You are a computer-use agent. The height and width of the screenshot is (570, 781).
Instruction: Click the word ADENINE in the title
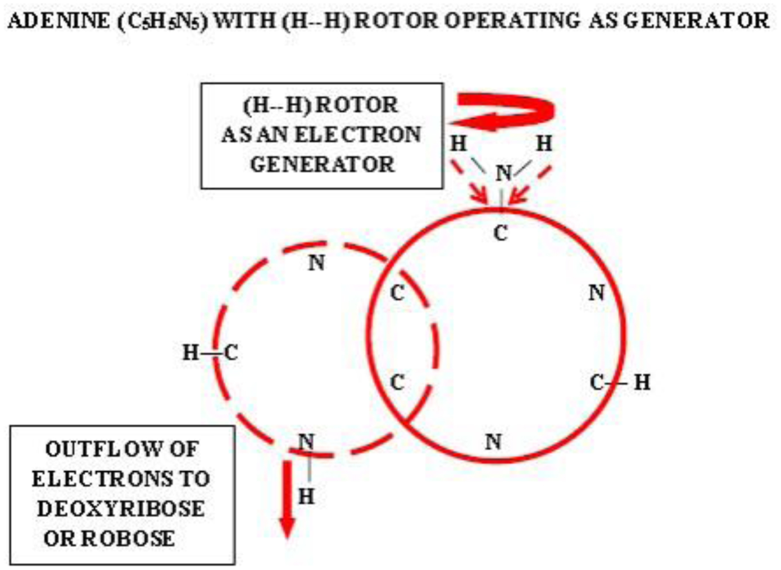(x=58, y=21)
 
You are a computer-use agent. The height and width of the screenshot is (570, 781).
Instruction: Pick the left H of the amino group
(x=459, y=144)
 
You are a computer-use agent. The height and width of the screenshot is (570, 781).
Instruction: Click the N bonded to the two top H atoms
(x=503, y=173)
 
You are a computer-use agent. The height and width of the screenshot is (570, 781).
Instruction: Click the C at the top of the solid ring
(x=501, y=233)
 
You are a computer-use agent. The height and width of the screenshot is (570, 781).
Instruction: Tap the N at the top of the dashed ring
(x=317, y=263)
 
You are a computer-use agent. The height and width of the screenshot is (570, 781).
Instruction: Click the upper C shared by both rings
(x=397, y=292)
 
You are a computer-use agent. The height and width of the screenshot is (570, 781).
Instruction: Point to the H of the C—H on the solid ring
(x=642, y=383)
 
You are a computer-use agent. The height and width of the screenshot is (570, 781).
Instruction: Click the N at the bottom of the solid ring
(x=493, y=442)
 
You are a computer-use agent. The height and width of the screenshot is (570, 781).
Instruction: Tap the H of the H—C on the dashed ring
(x=190, y=352)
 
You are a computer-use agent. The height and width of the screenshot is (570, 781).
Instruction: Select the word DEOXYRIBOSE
(x=121, y=509)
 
